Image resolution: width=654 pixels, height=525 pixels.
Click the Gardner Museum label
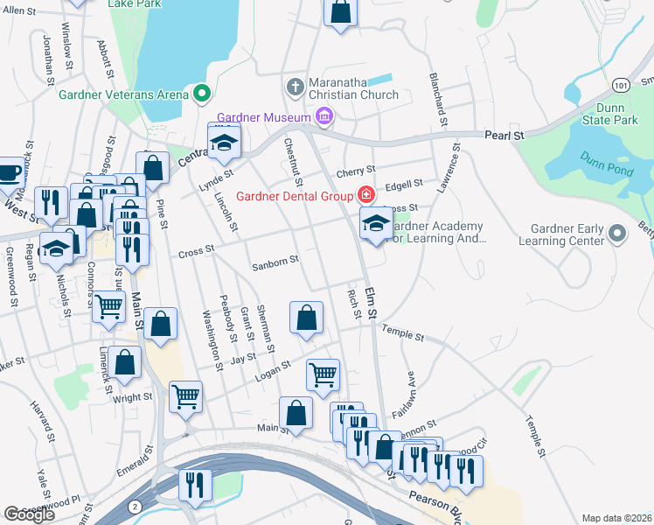[264, 117]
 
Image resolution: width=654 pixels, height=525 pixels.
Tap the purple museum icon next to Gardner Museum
[325, 116]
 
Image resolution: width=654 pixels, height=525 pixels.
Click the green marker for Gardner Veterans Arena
[202, 91]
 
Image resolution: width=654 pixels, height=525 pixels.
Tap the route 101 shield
[621, 83]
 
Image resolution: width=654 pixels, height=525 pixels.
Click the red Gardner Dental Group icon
[367, 194]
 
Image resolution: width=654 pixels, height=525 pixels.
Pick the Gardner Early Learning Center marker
[617, 234]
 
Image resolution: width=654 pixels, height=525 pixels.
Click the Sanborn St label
[275, 261]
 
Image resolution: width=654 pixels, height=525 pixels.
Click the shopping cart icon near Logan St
[323, 374]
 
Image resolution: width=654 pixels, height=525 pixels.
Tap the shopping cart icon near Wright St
[185, 396]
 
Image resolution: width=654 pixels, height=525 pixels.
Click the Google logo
[29, 514]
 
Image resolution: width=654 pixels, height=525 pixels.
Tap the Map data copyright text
[616, 518]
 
